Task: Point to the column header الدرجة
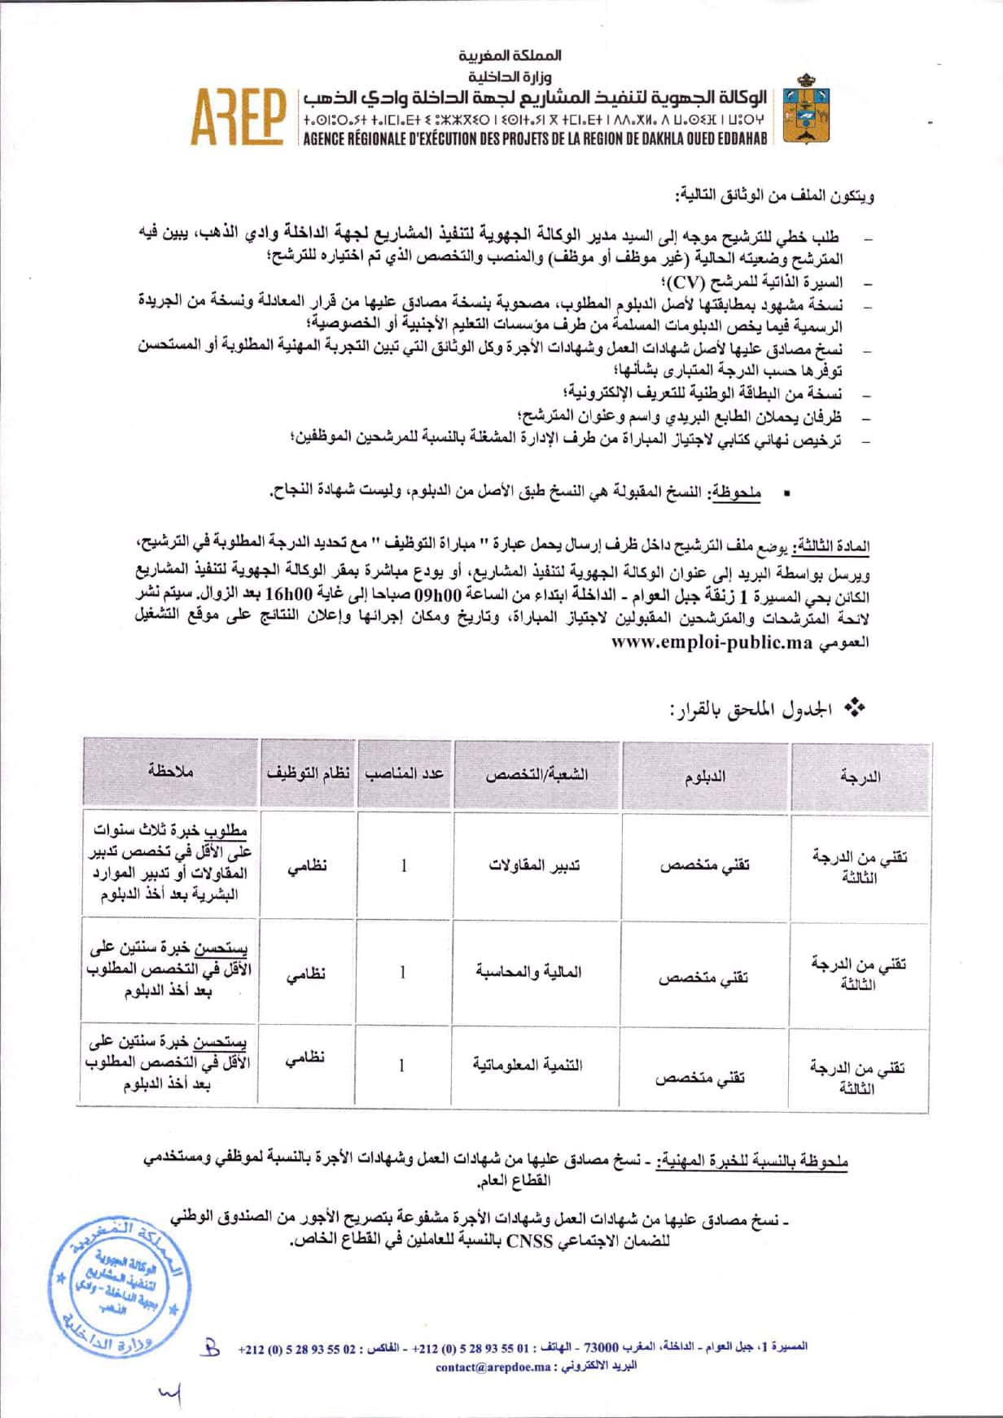pyautogui.click(x=860, y=777)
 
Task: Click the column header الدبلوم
pyautogui.click(x=704, y=777)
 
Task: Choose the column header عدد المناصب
pyautogui.click(x=405, y=773)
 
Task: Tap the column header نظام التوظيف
pyautogui.click(x=308, y=773)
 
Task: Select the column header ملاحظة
pyautogui.click(x=171, y=771)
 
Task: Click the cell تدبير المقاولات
pyautogui.click(x=534, y=864)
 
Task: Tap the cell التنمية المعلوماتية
pyautogui.click(x=528, y=1065)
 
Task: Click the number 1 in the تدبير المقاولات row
pyautogui.click(x=404, y=865)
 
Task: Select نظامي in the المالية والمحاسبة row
pyautogui.click(x=306, y=973)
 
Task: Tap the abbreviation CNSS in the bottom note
pyautogui.click(x=529, y=1242)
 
